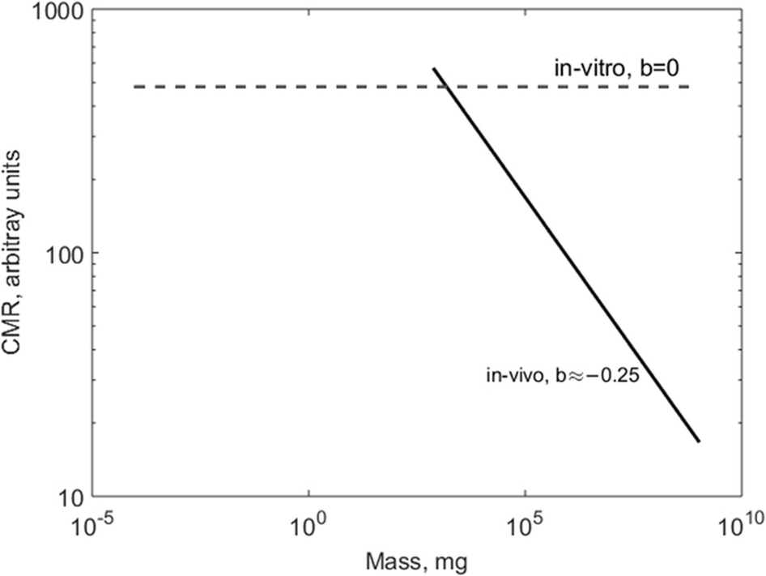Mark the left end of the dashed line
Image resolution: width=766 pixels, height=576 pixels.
(x=134, y=87)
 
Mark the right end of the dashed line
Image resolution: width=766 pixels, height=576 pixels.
(x=688, y=87)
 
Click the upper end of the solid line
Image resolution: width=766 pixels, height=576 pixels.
(x=434, y=69)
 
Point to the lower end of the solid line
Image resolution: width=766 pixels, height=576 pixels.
(x=698, y=442)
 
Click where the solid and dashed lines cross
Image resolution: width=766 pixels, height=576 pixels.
(x=445, y=87)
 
